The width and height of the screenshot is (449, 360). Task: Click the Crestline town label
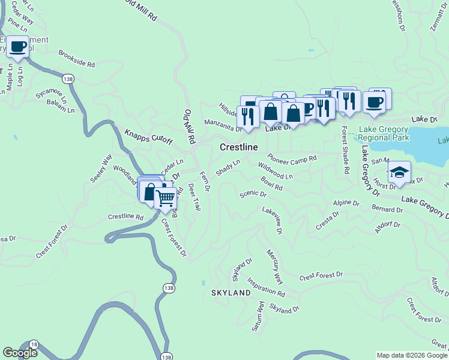(x=238, y=147)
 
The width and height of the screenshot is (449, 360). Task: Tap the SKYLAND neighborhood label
(x=231, y=293)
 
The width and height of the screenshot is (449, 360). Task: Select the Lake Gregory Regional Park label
(x=384, y=133)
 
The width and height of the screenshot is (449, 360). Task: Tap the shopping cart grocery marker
(x=165, y=197)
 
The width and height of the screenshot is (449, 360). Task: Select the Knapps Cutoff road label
(x=148, y=137)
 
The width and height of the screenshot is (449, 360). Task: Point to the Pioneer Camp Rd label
(x=292, y=159)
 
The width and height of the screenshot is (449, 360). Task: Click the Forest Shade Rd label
(x=345, y=150)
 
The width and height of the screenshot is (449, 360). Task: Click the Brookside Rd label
(x=77, y=58)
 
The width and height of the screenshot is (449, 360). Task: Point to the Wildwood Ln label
(x=276, y=171)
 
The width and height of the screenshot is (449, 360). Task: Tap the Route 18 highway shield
(x=34, y=343)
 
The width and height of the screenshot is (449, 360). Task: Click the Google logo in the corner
(x=19, y=353)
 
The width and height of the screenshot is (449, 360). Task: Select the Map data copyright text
(x=412, y=355)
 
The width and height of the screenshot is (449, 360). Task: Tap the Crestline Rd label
(x=125, y=217)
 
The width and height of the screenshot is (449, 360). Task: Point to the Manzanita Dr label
(x=223, y=124)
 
